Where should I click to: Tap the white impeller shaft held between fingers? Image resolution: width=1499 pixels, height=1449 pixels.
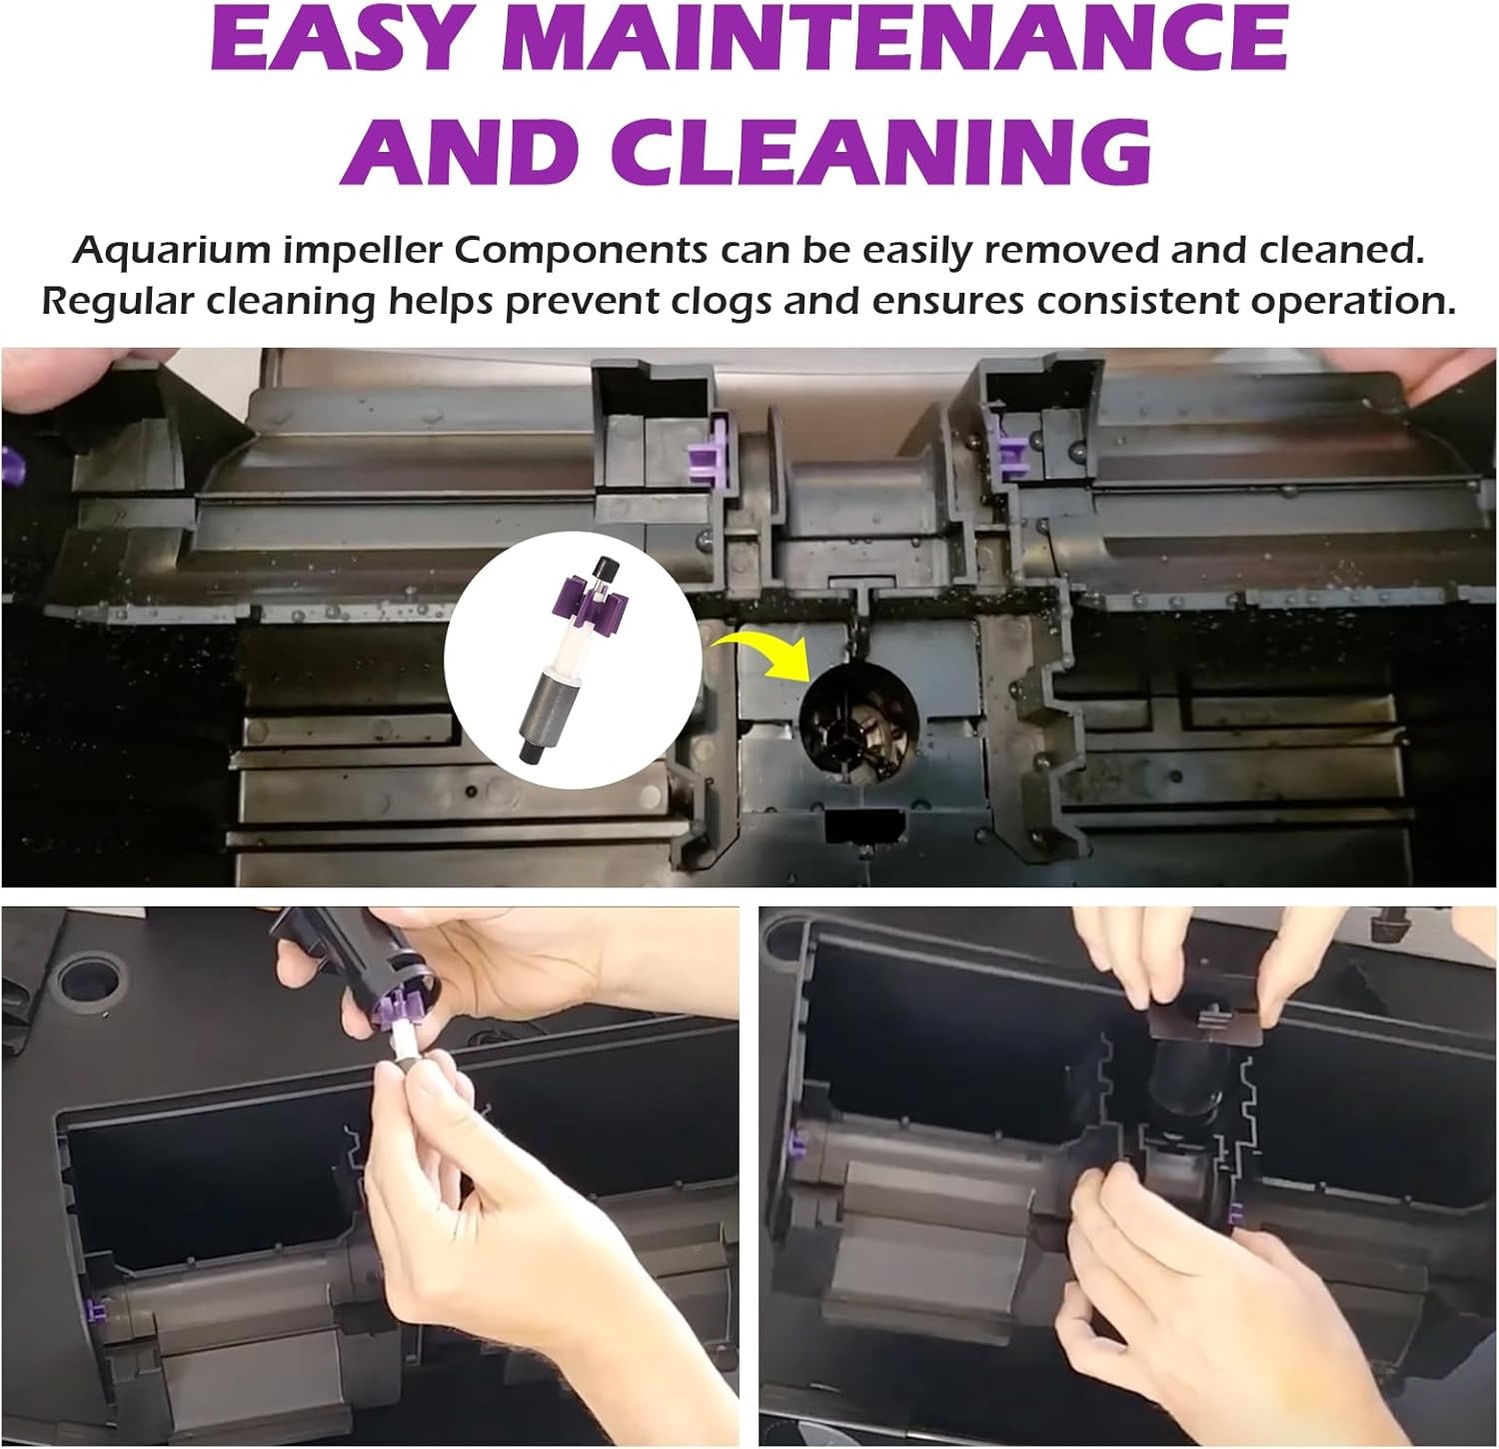click(x=400, y=1044)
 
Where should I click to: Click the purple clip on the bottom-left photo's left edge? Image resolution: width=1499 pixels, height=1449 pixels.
click(x=100, y=1309)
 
